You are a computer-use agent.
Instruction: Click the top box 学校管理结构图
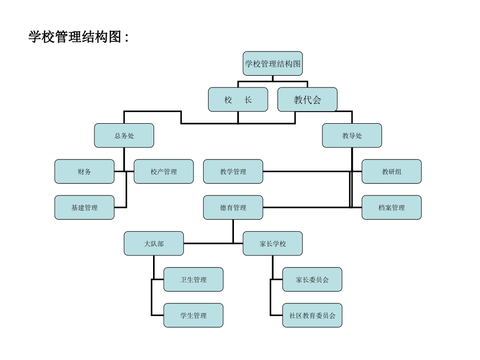[272, 64]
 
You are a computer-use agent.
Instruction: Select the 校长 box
[238, 99]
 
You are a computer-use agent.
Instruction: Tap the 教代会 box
[307, 99]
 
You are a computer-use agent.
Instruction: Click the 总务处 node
[124, 135]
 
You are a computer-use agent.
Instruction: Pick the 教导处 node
[352, 135]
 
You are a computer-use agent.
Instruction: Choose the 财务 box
[84, 172]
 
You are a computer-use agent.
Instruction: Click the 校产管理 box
[163, 172]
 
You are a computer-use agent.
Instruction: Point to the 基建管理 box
[84, 208]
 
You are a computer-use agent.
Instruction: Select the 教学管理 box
[233, 172]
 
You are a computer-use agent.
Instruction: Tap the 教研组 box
[391, 172]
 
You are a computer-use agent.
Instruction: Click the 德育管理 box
[233, 208]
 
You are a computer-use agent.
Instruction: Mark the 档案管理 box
[391, 208]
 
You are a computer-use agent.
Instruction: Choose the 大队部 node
[154, 243]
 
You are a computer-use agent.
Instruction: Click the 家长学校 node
[272, 243]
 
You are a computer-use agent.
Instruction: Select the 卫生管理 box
[193, 279]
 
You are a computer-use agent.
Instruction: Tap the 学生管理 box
[193, 315]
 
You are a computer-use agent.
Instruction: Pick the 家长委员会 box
[312, 279]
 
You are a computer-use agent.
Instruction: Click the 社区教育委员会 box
[312, 315]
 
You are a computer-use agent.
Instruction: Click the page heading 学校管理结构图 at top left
[78, 37]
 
